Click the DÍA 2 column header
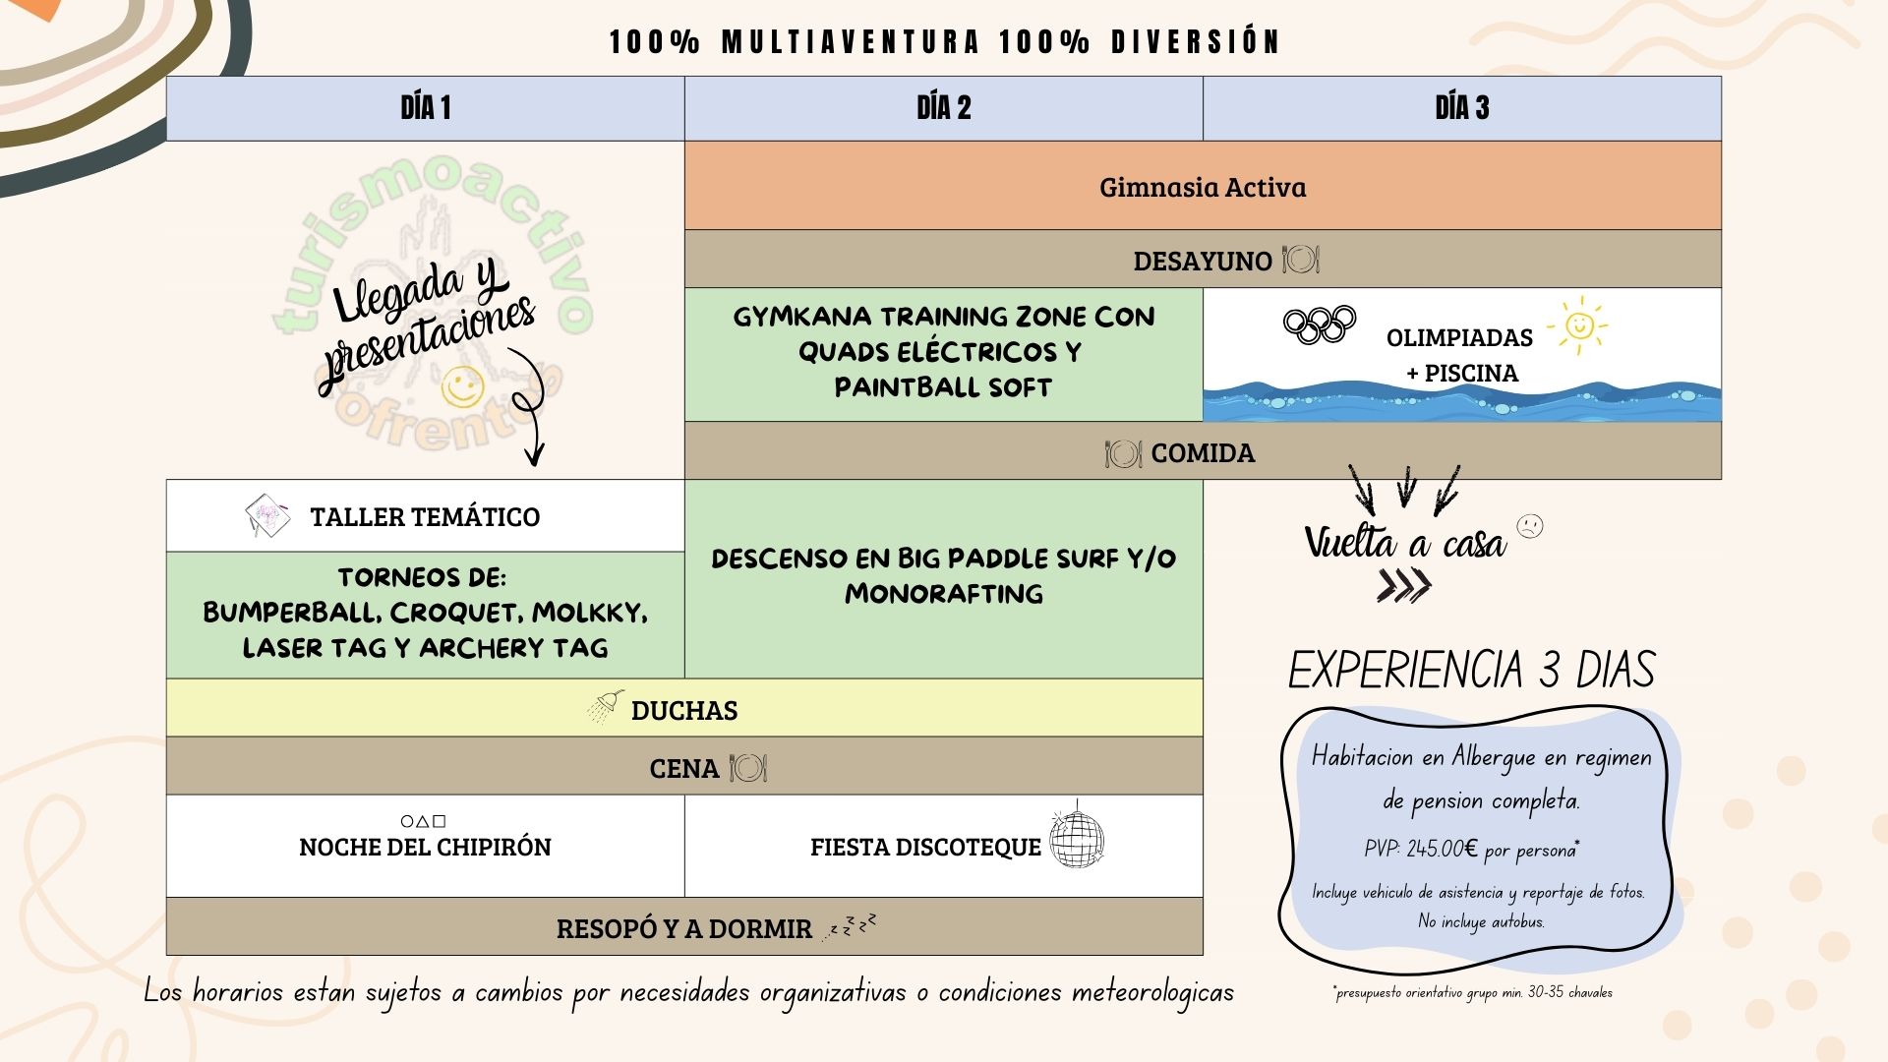[943, 108]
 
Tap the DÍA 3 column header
[1461, 108]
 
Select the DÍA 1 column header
[425, 108]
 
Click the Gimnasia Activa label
[1202, 187]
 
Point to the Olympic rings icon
[1320, 324]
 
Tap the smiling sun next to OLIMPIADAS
[1578, 324]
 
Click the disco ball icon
[1077, 840]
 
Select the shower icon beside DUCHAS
[607, 705]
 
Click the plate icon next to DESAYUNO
[1300, 261]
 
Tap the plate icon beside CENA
[747, 768]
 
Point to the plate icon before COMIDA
[1123, 453]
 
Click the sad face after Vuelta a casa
[1530, 526]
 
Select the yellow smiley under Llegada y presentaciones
[462, 385]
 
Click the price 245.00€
[1442, 849]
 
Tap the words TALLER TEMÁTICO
[425, 517]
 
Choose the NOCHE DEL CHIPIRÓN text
[425, 847]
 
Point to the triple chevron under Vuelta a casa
[1403, 587]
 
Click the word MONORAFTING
[943, 594]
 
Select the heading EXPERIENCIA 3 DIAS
[1471, 671]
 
